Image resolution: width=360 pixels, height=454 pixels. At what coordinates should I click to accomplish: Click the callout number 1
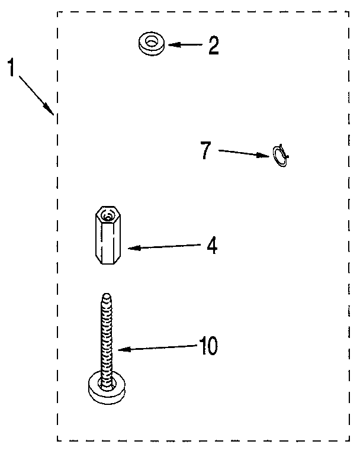point(11,67)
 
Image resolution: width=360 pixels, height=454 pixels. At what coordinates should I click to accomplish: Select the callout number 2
point(214,46)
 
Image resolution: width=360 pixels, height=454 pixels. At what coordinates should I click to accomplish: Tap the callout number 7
point(205,150)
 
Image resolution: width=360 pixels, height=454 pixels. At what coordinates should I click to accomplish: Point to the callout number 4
point(213,246)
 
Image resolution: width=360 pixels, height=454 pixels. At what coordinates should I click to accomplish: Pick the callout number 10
point(208,346)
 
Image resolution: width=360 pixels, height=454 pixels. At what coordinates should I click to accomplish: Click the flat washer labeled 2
point(151,43)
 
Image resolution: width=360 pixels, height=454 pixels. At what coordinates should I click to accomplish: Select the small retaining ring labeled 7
point(280,156)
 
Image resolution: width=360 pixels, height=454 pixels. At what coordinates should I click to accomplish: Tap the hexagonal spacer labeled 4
point(108,235)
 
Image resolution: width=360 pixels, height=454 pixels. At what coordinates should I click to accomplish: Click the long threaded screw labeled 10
point(107,349)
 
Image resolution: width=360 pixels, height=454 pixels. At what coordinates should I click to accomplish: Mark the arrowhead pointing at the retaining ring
point(264,156)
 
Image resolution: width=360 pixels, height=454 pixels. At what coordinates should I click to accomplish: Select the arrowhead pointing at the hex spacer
point(134,248)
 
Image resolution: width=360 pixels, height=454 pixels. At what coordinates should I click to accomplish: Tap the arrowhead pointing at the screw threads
point(124,349)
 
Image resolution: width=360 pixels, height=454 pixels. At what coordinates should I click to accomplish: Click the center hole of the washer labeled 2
point(151,42)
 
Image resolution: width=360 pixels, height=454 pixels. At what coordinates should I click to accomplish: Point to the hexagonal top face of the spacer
point(108,214)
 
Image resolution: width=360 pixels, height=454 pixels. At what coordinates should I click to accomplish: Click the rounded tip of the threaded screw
point(107,297)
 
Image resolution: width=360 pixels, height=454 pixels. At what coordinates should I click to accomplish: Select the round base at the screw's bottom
point(107,388)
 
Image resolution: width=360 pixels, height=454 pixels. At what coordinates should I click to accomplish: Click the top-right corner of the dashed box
point(349,12)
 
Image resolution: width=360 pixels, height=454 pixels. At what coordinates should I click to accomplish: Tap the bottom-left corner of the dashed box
point(57,440)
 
